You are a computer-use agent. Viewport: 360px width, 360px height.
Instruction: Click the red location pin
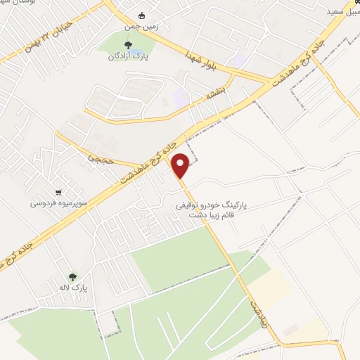click(x=181, y=165)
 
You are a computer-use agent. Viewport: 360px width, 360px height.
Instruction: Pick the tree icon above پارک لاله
click(x=72, y=277)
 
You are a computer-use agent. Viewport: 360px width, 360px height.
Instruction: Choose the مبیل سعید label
click(x=340, y=13)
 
